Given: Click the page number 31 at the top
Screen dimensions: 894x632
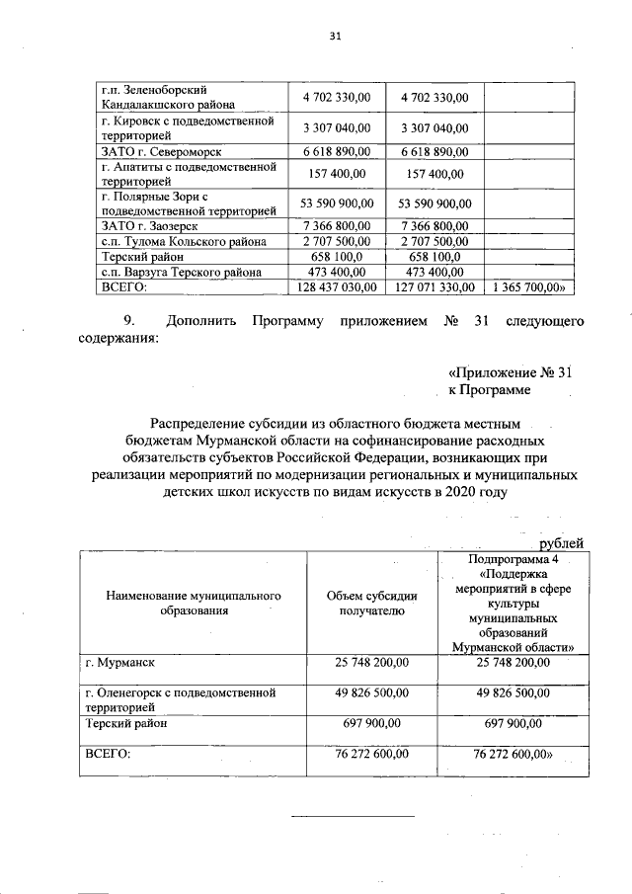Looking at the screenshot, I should [335, 37].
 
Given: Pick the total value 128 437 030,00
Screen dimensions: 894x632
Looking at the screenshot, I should [336, 286].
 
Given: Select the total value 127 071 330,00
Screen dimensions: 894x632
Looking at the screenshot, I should [434, 286].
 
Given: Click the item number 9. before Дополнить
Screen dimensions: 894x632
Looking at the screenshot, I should [127, 322].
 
